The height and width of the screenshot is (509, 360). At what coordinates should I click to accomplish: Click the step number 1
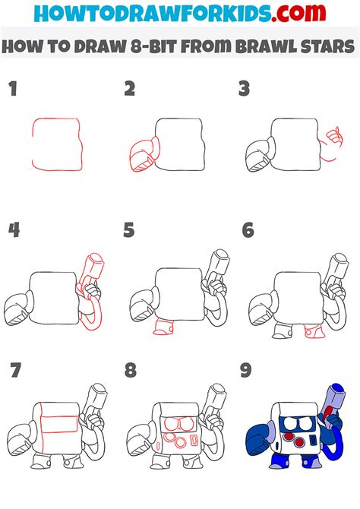click(x=12, y=90)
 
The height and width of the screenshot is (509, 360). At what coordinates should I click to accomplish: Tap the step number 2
click(x=130, y=90)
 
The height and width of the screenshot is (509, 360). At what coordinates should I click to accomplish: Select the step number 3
click(x=245, y=90)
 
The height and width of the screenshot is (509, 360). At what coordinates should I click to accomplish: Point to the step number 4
click(x=13, y=230)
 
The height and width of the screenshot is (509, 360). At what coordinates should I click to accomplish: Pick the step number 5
click(x=130, y=230)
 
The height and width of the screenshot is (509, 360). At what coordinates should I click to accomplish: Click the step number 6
click(x=247, y=230)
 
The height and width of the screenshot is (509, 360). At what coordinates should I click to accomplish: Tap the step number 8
click(x=130, y=371)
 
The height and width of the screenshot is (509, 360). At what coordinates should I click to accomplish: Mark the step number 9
click(x=247, y=371)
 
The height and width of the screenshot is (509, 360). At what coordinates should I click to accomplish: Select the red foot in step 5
click(x=163, y=327)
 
